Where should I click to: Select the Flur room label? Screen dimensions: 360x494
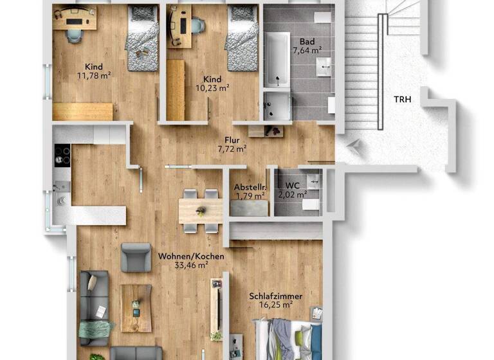pos(232,139)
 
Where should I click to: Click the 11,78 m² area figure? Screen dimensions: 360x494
pos(94,76)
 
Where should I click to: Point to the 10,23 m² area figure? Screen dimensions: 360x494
pos(213,89)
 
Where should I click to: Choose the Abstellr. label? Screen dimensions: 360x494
pos(250,187)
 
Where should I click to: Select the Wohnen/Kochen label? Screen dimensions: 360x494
pos(191,256)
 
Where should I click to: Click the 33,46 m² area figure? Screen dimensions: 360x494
pos(191,265)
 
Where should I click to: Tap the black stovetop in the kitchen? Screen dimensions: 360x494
pos(62,156)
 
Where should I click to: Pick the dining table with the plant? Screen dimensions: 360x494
pos(201,210)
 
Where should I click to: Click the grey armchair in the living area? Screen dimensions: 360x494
pos(136,256)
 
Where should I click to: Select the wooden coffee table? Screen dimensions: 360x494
pos(136,308)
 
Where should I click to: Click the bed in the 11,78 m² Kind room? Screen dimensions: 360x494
pos(142,39)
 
